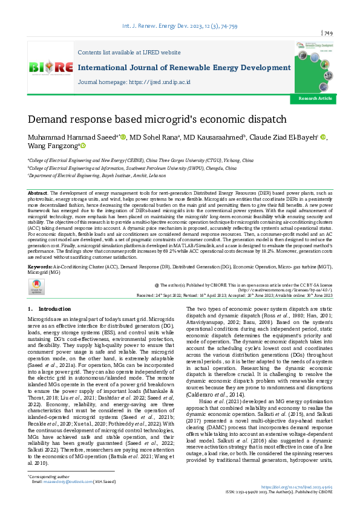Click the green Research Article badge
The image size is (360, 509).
315,98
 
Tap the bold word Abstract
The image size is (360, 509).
38,192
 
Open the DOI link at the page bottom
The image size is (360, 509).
297,486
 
